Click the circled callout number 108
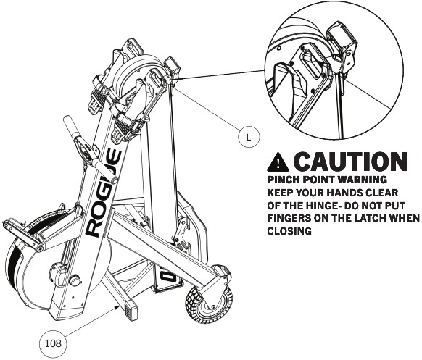click(x=53, y=343)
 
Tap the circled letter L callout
click(x=249, y=137)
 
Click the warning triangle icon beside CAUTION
click(x=278, y=162)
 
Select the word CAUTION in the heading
click(x=350, y=162)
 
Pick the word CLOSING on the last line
click(x=289, y=231)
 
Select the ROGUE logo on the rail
click(x=104, y=193)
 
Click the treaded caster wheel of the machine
click(x=209, y=304)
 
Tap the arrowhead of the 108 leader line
click(x=117, y=307)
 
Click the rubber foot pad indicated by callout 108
click(x=130, y=310)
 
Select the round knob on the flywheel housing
click(x=75, y=280)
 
